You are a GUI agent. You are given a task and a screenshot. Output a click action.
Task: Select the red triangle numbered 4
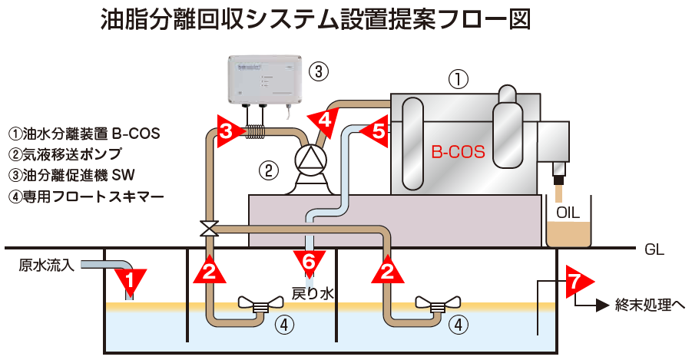point(324,119)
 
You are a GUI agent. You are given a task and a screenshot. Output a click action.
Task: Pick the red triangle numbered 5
point(376,131)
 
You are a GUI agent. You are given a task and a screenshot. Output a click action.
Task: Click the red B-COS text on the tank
point(458,152)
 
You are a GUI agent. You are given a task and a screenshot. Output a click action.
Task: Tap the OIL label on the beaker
point(568,213)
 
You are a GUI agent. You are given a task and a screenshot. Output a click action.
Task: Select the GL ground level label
point(654,249)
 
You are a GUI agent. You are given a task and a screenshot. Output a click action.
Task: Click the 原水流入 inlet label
point(46,266)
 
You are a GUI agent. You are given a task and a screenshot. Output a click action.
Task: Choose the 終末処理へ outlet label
point(650,306)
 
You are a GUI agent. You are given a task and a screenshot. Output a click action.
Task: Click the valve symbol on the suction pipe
point(209,228)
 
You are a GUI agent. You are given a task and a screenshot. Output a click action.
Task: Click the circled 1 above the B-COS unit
point(458,78)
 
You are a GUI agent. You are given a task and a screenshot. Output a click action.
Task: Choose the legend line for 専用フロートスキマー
point(85,196)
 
